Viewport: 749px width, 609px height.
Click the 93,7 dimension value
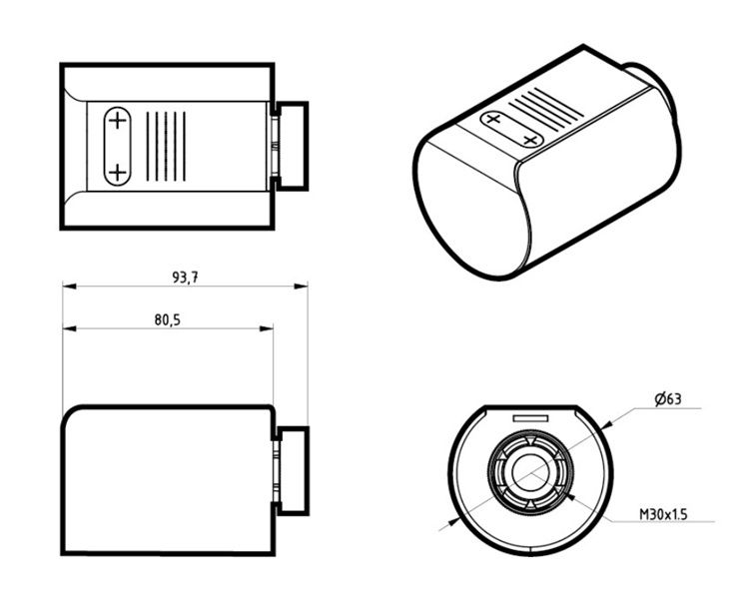185,278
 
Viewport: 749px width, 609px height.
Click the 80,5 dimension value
168,320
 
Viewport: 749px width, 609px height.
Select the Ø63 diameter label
668,399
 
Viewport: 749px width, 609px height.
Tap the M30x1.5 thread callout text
663,514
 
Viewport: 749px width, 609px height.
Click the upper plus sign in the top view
117,121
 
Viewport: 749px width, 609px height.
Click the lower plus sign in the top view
117,172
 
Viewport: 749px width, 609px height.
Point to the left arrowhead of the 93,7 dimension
69,287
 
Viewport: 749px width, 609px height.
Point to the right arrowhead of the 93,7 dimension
301,287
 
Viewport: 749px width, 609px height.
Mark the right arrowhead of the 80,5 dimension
267,328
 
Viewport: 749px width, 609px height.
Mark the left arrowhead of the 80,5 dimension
69,328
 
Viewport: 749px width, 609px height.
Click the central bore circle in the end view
530,472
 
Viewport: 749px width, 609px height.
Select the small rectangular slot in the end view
530,419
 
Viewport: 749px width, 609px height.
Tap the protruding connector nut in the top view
292,146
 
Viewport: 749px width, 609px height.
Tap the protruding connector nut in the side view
293,471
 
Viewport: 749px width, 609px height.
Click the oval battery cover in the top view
117,146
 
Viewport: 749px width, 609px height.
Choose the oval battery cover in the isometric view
512,129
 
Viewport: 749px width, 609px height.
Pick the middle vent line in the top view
166,146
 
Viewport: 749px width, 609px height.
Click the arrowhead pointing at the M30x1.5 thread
570,498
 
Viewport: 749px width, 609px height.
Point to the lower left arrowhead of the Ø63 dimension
453,522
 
